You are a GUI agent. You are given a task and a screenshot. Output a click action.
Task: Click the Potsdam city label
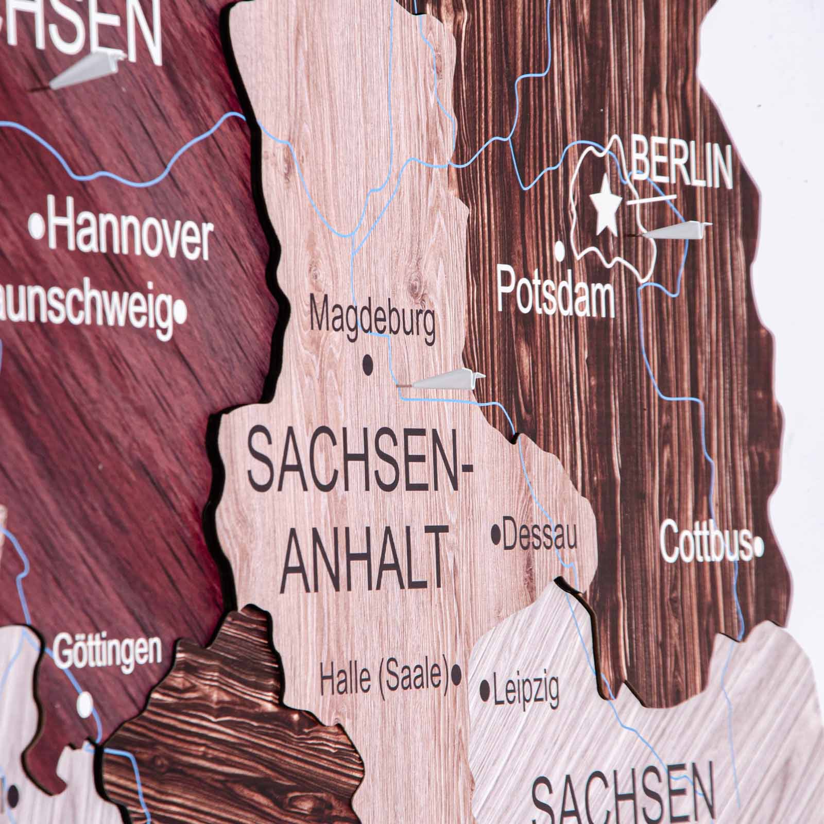pyautogui.click(x=555, y=295)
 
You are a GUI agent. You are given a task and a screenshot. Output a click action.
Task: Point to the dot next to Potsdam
pyautogui.click(x=560, y=251)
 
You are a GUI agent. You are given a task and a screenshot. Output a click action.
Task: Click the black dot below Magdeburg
pyautogui.click(x=368, y=365)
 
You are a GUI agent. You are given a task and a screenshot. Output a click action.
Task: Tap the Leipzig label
pyautogui.click(x=526, y=691)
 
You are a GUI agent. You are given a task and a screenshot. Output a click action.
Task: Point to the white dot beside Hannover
pyautogui.click(x=37, y=225)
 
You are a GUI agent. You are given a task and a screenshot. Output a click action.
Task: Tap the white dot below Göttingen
pyautogui.click(x=85, y=701)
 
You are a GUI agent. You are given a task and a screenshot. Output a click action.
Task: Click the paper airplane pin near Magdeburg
pyautogui.click(x=448, y=380)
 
